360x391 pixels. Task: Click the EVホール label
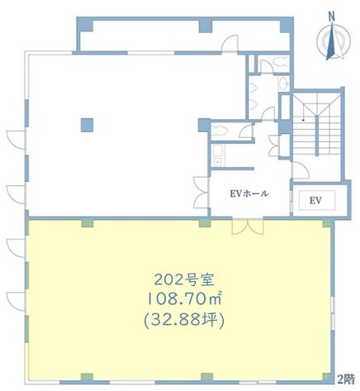(x=249, y=193)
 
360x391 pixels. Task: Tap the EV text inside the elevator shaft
(x=315, y=201)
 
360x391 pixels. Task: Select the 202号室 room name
(x=184, y=280)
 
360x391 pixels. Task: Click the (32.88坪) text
(x=184, y=320)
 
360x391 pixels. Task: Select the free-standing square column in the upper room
(x=87, y=125)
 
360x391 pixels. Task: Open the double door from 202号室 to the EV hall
(x=248, y=226)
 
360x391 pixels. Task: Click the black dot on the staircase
(x=303, y=120)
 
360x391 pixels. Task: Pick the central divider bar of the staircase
(x=317, y=136)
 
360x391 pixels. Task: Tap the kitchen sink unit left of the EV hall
(x=219, y=155)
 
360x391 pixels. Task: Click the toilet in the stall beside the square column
(x=221, y=131)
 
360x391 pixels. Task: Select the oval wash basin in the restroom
(x=283, y=83)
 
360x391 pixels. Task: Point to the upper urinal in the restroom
(x=254, y=88)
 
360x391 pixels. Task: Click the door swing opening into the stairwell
(x=301, y=170)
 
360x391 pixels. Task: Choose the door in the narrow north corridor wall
(x=230, y=43)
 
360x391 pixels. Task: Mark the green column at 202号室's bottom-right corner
(x=326, y=377)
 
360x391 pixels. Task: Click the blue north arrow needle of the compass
(x=330, y=42)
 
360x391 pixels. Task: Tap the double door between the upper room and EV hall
(x=201, y=193)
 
